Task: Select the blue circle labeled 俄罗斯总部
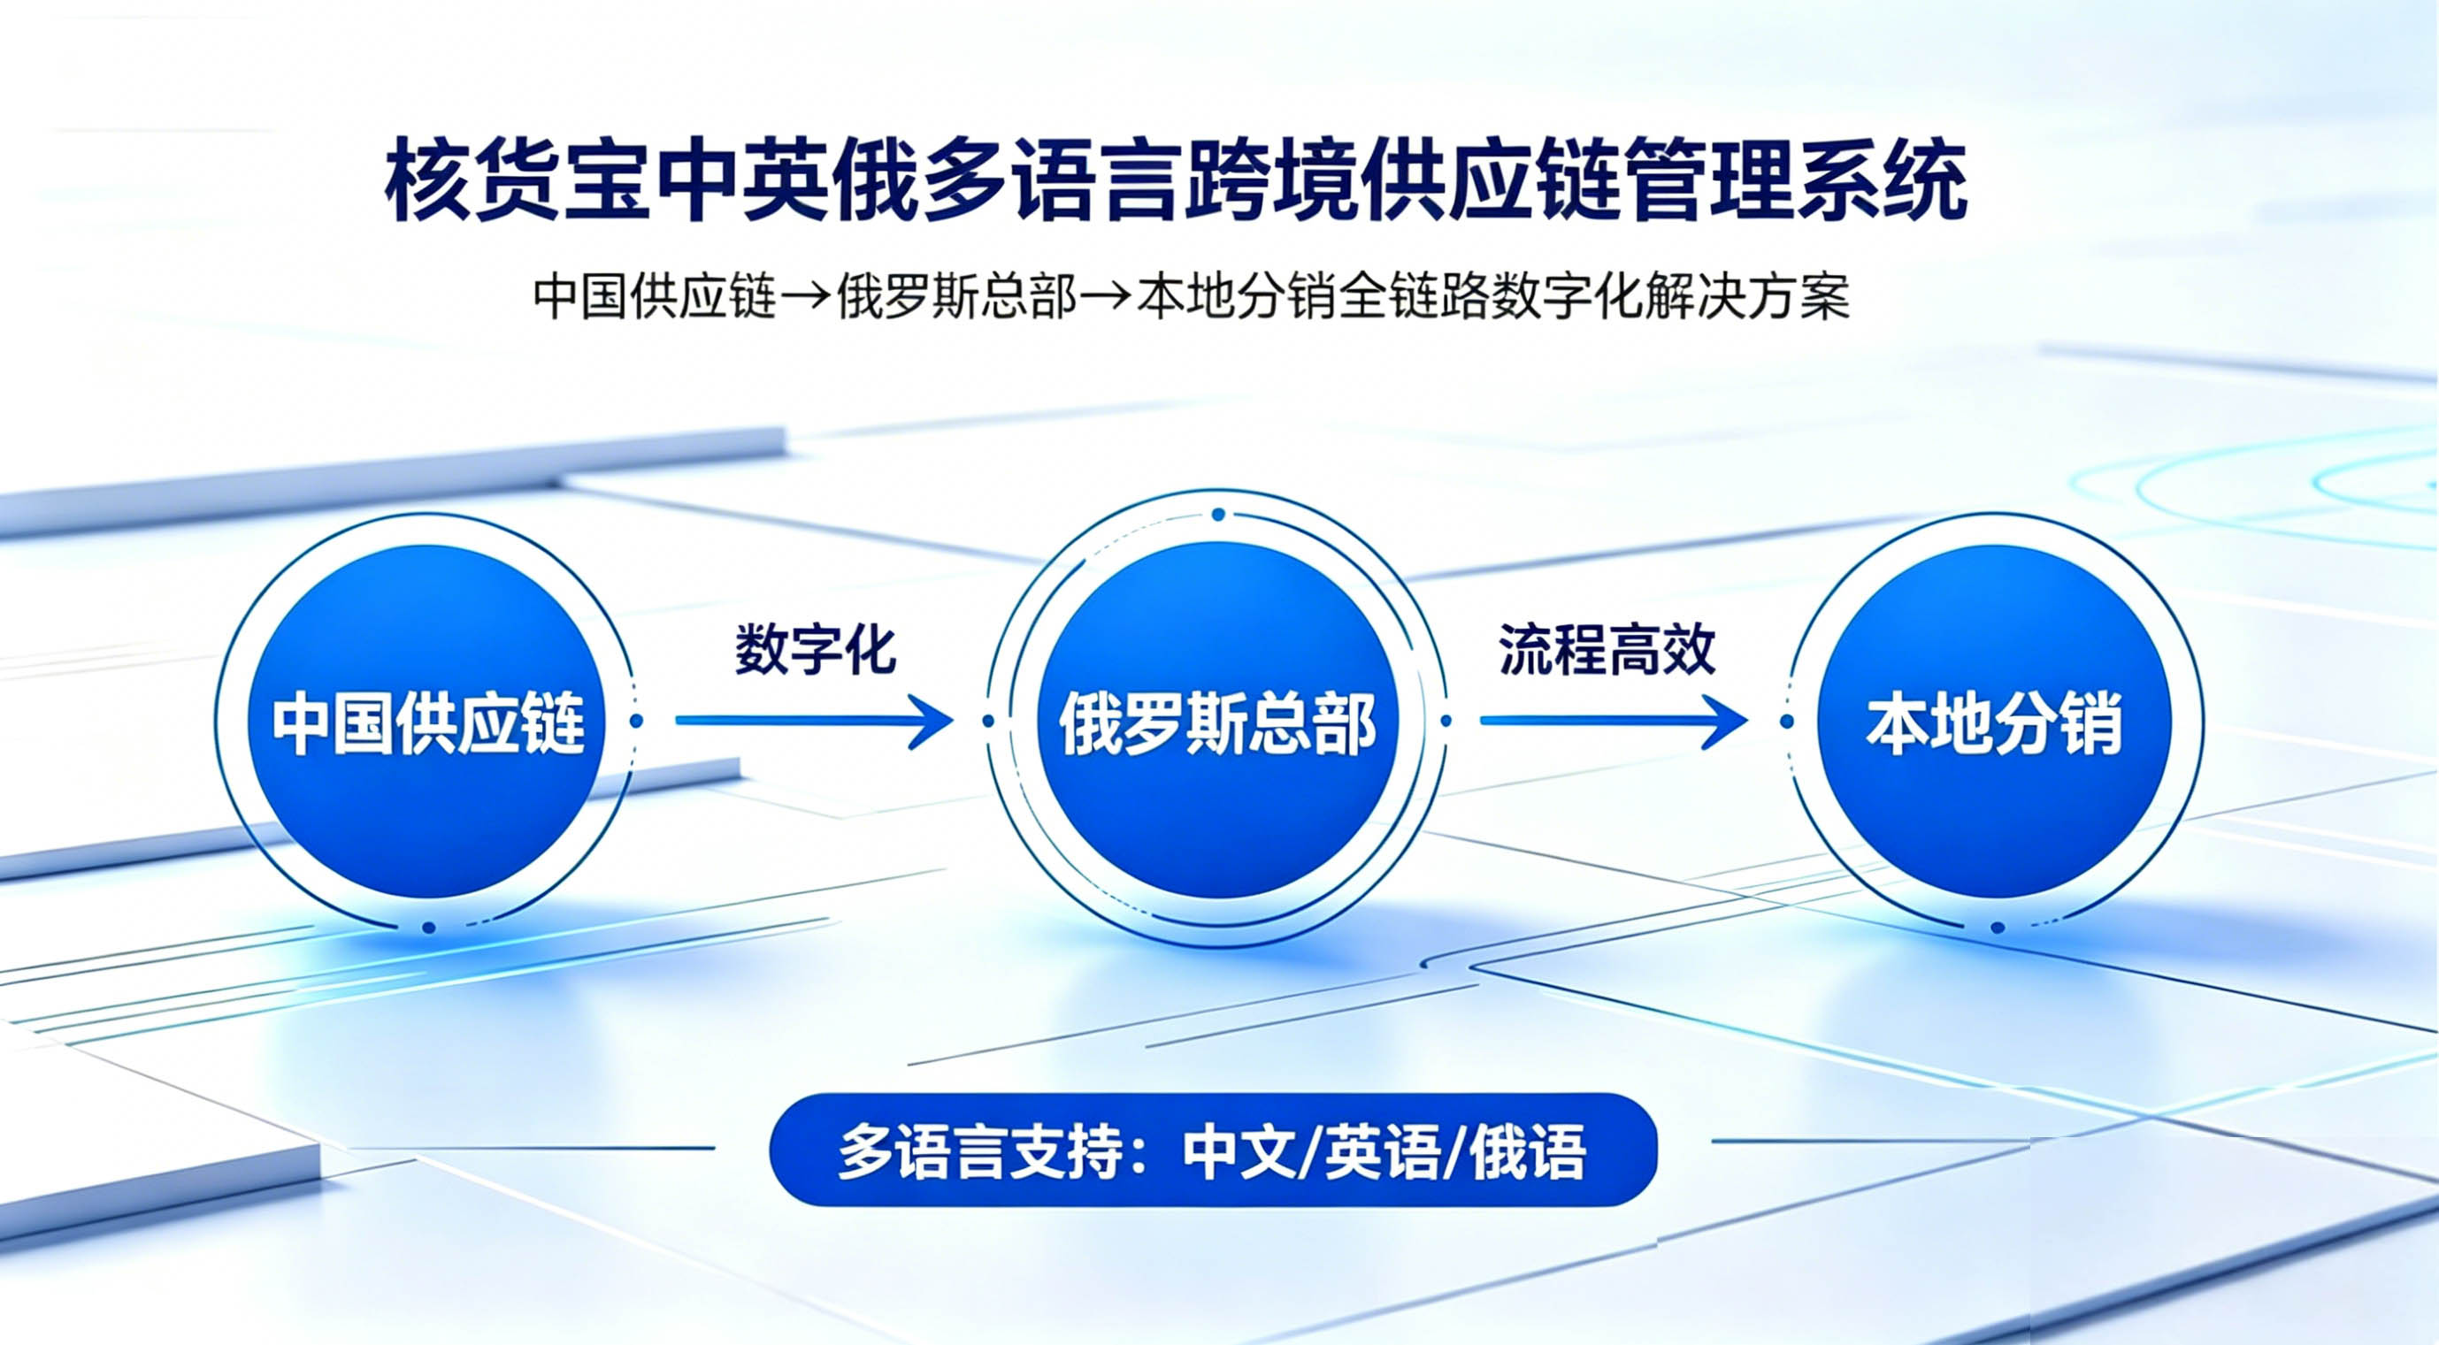click(1216, 722)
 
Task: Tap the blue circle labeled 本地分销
click(1995, 722)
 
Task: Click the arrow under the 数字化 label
click(813, 721)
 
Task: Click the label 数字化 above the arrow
click(815, 649)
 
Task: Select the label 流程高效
click(1607, 649)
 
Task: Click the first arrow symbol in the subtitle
click(806, 297)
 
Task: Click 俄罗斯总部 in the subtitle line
click(956, 297)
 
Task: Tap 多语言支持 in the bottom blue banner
click(981, 1151)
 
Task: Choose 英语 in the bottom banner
click(1382, 1151)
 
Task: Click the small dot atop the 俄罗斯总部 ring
click(1218, 515)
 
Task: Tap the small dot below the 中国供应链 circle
click(429, 928)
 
